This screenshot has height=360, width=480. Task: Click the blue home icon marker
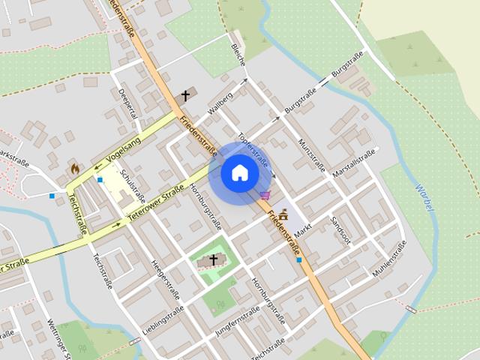239,173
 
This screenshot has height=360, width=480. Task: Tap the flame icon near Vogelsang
75,169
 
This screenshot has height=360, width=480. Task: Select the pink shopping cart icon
265,195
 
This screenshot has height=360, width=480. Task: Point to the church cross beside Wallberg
186,96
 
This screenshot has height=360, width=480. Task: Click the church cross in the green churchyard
214,260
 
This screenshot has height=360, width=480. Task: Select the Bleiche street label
238,54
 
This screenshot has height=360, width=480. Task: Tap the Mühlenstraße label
388,259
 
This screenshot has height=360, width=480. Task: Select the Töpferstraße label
253,148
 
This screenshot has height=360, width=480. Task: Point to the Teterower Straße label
157,199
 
